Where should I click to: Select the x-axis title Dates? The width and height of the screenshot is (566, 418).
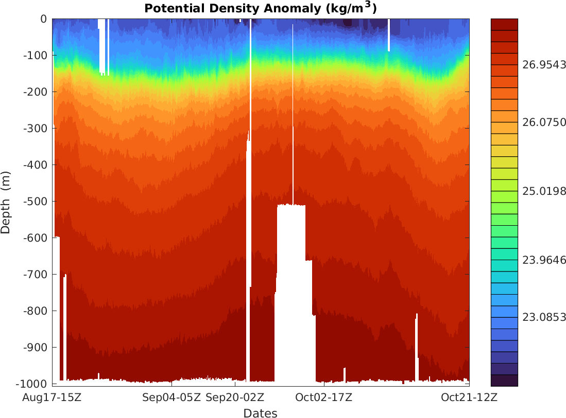tap(260, 413)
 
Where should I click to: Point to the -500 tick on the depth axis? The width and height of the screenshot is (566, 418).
tap(36, 202)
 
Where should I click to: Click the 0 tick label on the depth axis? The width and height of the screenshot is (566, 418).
tap(43, 19)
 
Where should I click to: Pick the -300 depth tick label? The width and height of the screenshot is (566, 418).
tap(36, 129)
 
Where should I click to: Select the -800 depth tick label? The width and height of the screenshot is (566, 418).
tap(36, 311)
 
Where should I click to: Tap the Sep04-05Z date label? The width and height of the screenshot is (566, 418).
tap(171, 397)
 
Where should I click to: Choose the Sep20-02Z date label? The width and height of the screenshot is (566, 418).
tap(235, 397)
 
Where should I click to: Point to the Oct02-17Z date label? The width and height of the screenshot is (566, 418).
tap(323, 397)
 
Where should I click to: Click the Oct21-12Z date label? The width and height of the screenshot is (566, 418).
tap(469, 397)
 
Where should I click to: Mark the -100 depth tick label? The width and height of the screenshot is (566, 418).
tap(36, 56)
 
